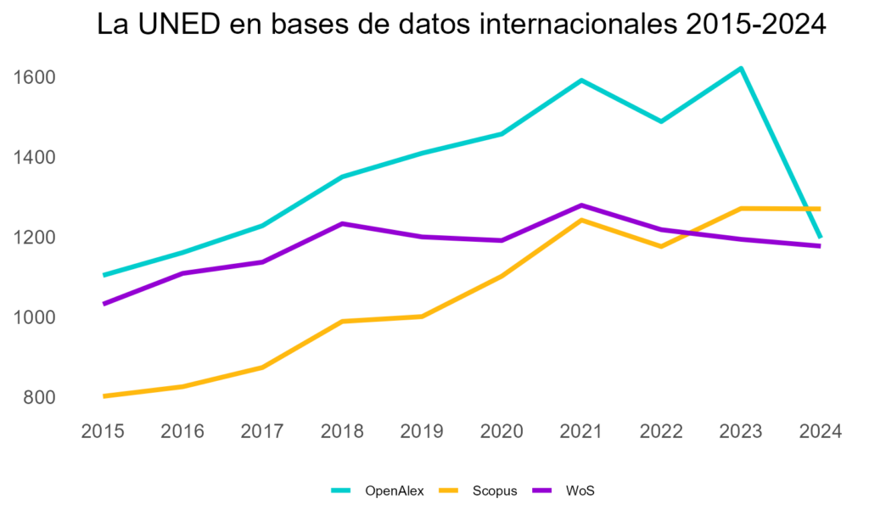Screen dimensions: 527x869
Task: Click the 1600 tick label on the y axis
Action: click(x=34, y=78)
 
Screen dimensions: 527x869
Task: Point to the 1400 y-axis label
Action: click(x=34, y=158)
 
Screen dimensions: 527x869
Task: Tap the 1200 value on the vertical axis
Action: click(x=34, y=238)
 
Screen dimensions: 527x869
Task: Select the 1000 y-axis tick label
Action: click(x=34, y=317)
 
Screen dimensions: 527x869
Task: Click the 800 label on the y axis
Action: click(x=38, y=397)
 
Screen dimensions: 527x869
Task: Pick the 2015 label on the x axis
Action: click(x=103, y=432)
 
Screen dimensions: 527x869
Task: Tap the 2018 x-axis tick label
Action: click(x=342, y=432)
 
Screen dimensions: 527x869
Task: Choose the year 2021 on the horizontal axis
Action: click(x=581, y=432)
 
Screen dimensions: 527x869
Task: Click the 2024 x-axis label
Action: click(x=821, y=432)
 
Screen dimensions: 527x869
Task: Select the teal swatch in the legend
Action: click(x=340, y=491)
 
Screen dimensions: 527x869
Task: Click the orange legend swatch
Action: click(x=448, y=491)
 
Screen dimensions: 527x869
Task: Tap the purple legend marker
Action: click(x=542, y=491)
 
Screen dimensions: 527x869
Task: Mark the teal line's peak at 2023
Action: click(x=741, y=68)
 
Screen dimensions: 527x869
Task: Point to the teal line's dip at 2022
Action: click(x=661, y=121)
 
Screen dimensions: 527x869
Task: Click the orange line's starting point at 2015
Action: click(x=104, y=395)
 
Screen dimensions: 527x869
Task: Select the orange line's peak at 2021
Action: click(x=581, y=220)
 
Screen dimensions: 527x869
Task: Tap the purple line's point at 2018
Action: click(x=342, y=223)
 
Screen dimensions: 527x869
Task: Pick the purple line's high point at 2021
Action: click(x=581, y=205)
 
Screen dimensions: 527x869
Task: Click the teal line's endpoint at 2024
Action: click(x=820, y=237)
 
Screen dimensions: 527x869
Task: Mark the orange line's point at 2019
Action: click(x=422, y=317)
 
